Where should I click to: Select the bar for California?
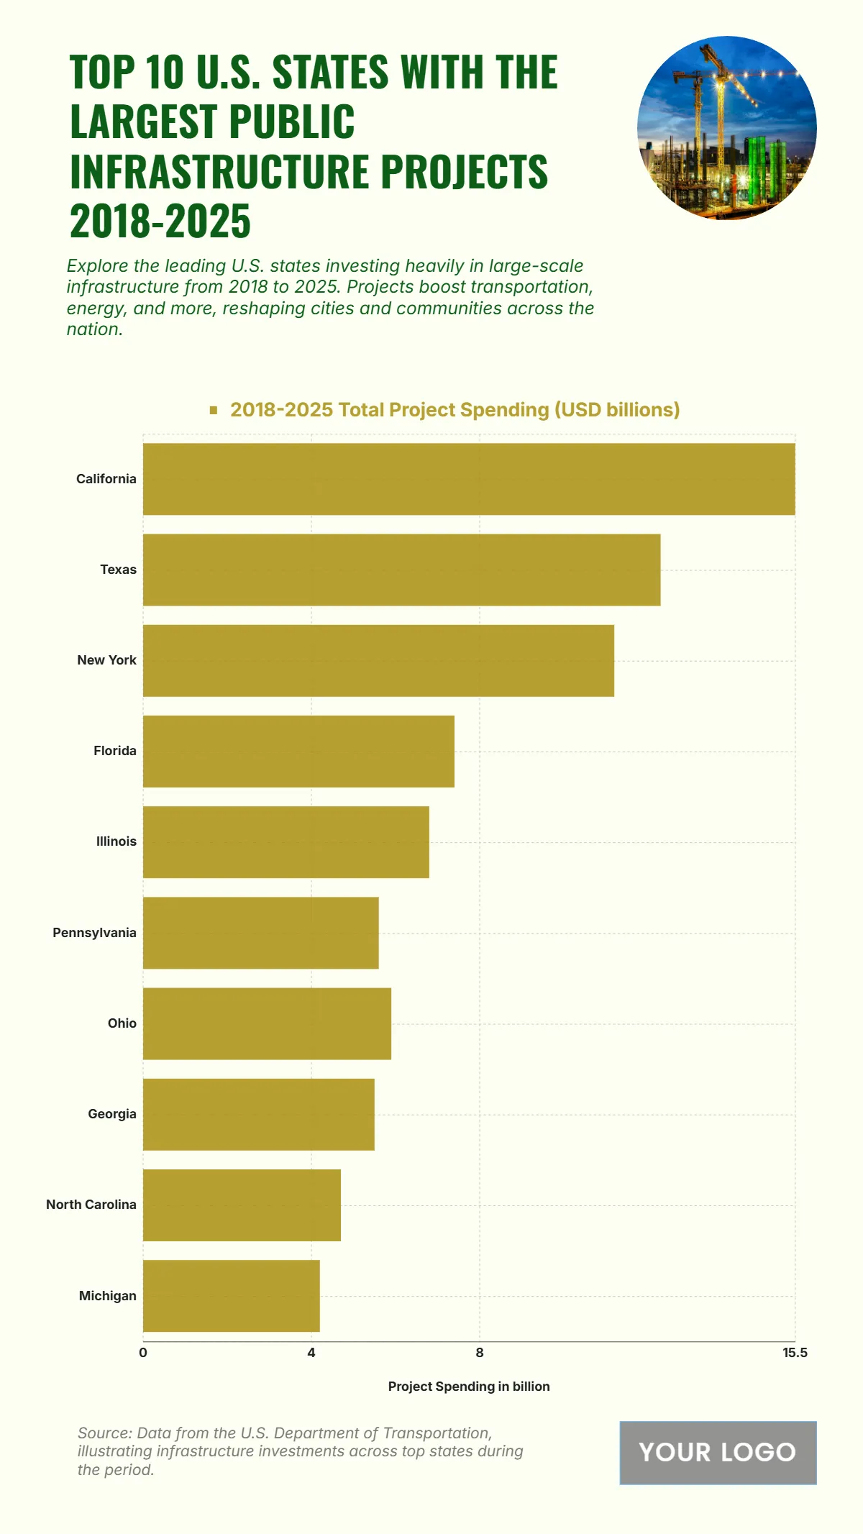pos(469,479)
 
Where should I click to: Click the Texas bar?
pos(401,570)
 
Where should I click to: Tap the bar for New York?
pos(378,660)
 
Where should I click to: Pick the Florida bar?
pos(298,751)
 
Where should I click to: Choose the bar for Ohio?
pos(267,1023)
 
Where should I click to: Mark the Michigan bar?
pos(231,1296)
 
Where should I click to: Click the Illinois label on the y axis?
pos(117,841)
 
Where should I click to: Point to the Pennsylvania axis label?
pos(94,933)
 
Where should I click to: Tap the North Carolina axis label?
pos(91,1205)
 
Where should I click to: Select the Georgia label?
pos(112,1114)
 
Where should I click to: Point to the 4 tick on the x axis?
pos(311,1353)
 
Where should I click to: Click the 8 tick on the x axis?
pos(480,1353)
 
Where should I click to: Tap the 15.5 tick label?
pos(795,1353)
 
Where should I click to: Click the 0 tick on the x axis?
pos(143,1353)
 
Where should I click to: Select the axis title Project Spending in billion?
pos(469,1387)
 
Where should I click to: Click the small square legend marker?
pos(214,410)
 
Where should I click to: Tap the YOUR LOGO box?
pos(718,1453)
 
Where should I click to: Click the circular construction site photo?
pos(726,128)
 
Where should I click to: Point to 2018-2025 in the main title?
pos(160,221)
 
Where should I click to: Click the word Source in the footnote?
pos(104,1433)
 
